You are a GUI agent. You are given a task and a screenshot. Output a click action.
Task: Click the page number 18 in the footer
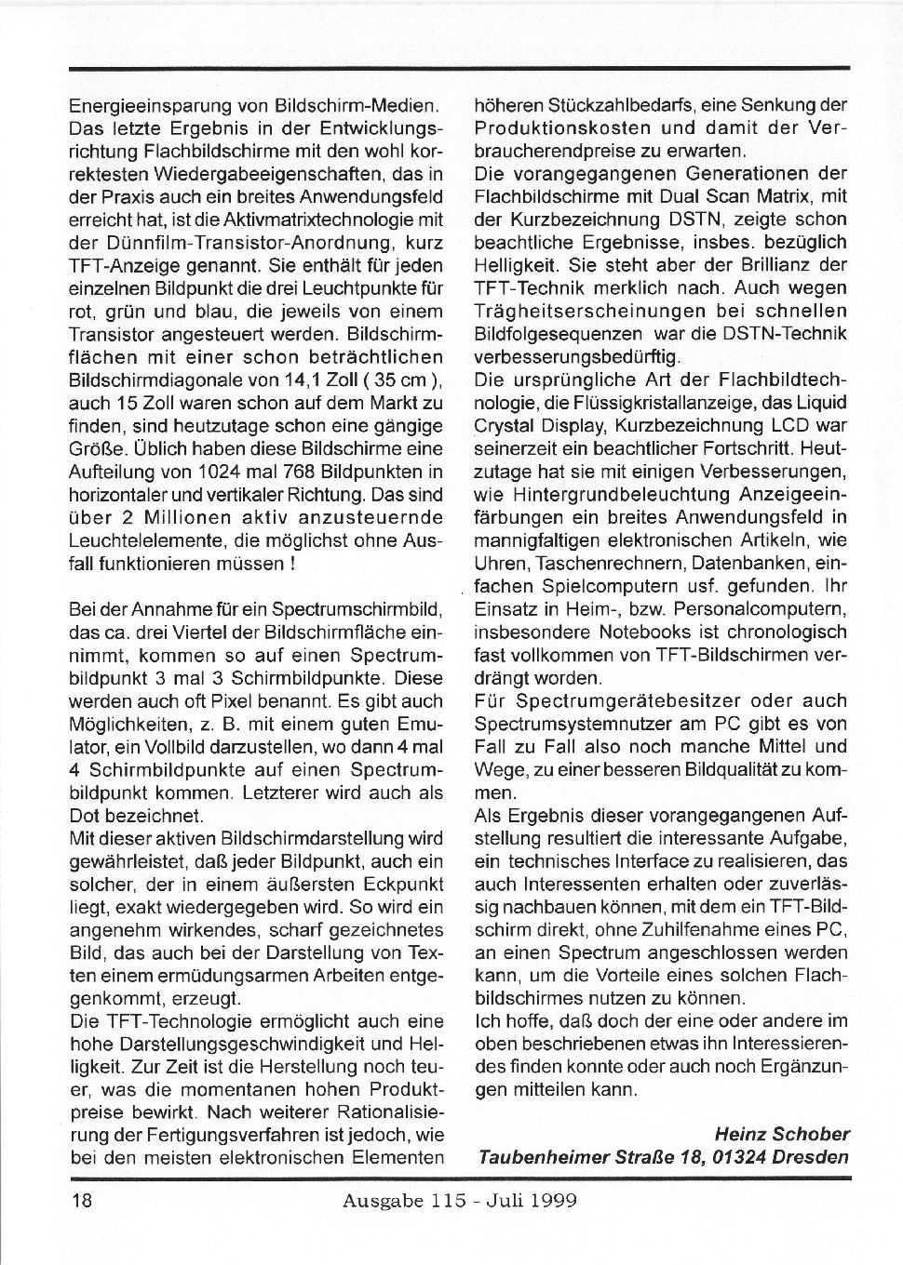click(x=81, y=1200)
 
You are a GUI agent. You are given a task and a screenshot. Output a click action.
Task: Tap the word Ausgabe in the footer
click(x=374, y=1200)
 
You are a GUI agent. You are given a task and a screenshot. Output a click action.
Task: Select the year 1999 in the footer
click(x=553, y=1200)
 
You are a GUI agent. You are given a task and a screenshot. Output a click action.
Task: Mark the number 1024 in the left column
click(x=234, y=473)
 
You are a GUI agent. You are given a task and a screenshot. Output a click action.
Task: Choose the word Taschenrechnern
click(x=585, y=563)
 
